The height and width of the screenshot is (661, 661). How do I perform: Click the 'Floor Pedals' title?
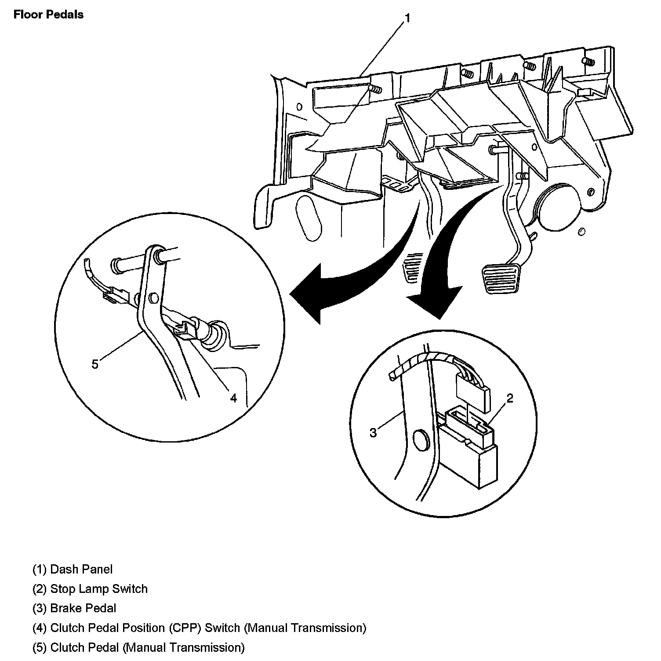[48, 15]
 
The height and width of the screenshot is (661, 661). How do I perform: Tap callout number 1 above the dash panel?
[407, 18]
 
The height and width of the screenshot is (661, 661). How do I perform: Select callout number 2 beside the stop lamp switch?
[509, 398]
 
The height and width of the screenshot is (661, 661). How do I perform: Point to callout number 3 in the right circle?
[373, 433]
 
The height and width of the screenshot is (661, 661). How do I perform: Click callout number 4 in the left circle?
[233, 398]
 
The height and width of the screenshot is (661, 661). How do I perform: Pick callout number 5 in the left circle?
[95, 364]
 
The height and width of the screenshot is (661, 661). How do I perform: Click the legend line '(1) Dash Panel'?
[73, 570]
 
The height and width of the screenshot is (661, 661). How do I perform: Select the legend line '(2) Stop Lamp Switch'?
[90, 589]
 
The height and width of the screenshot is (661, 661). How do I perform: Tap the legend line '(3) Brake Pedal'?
[74, 609]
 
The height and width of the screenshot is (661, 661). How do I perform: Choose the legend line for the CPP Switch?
[199, 628]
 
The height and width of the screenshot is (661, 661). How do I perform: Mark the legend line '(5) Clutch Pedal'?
[138, 648]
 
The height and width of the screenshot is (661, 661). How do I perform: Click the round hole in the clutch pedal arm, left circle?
[153, 299]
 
